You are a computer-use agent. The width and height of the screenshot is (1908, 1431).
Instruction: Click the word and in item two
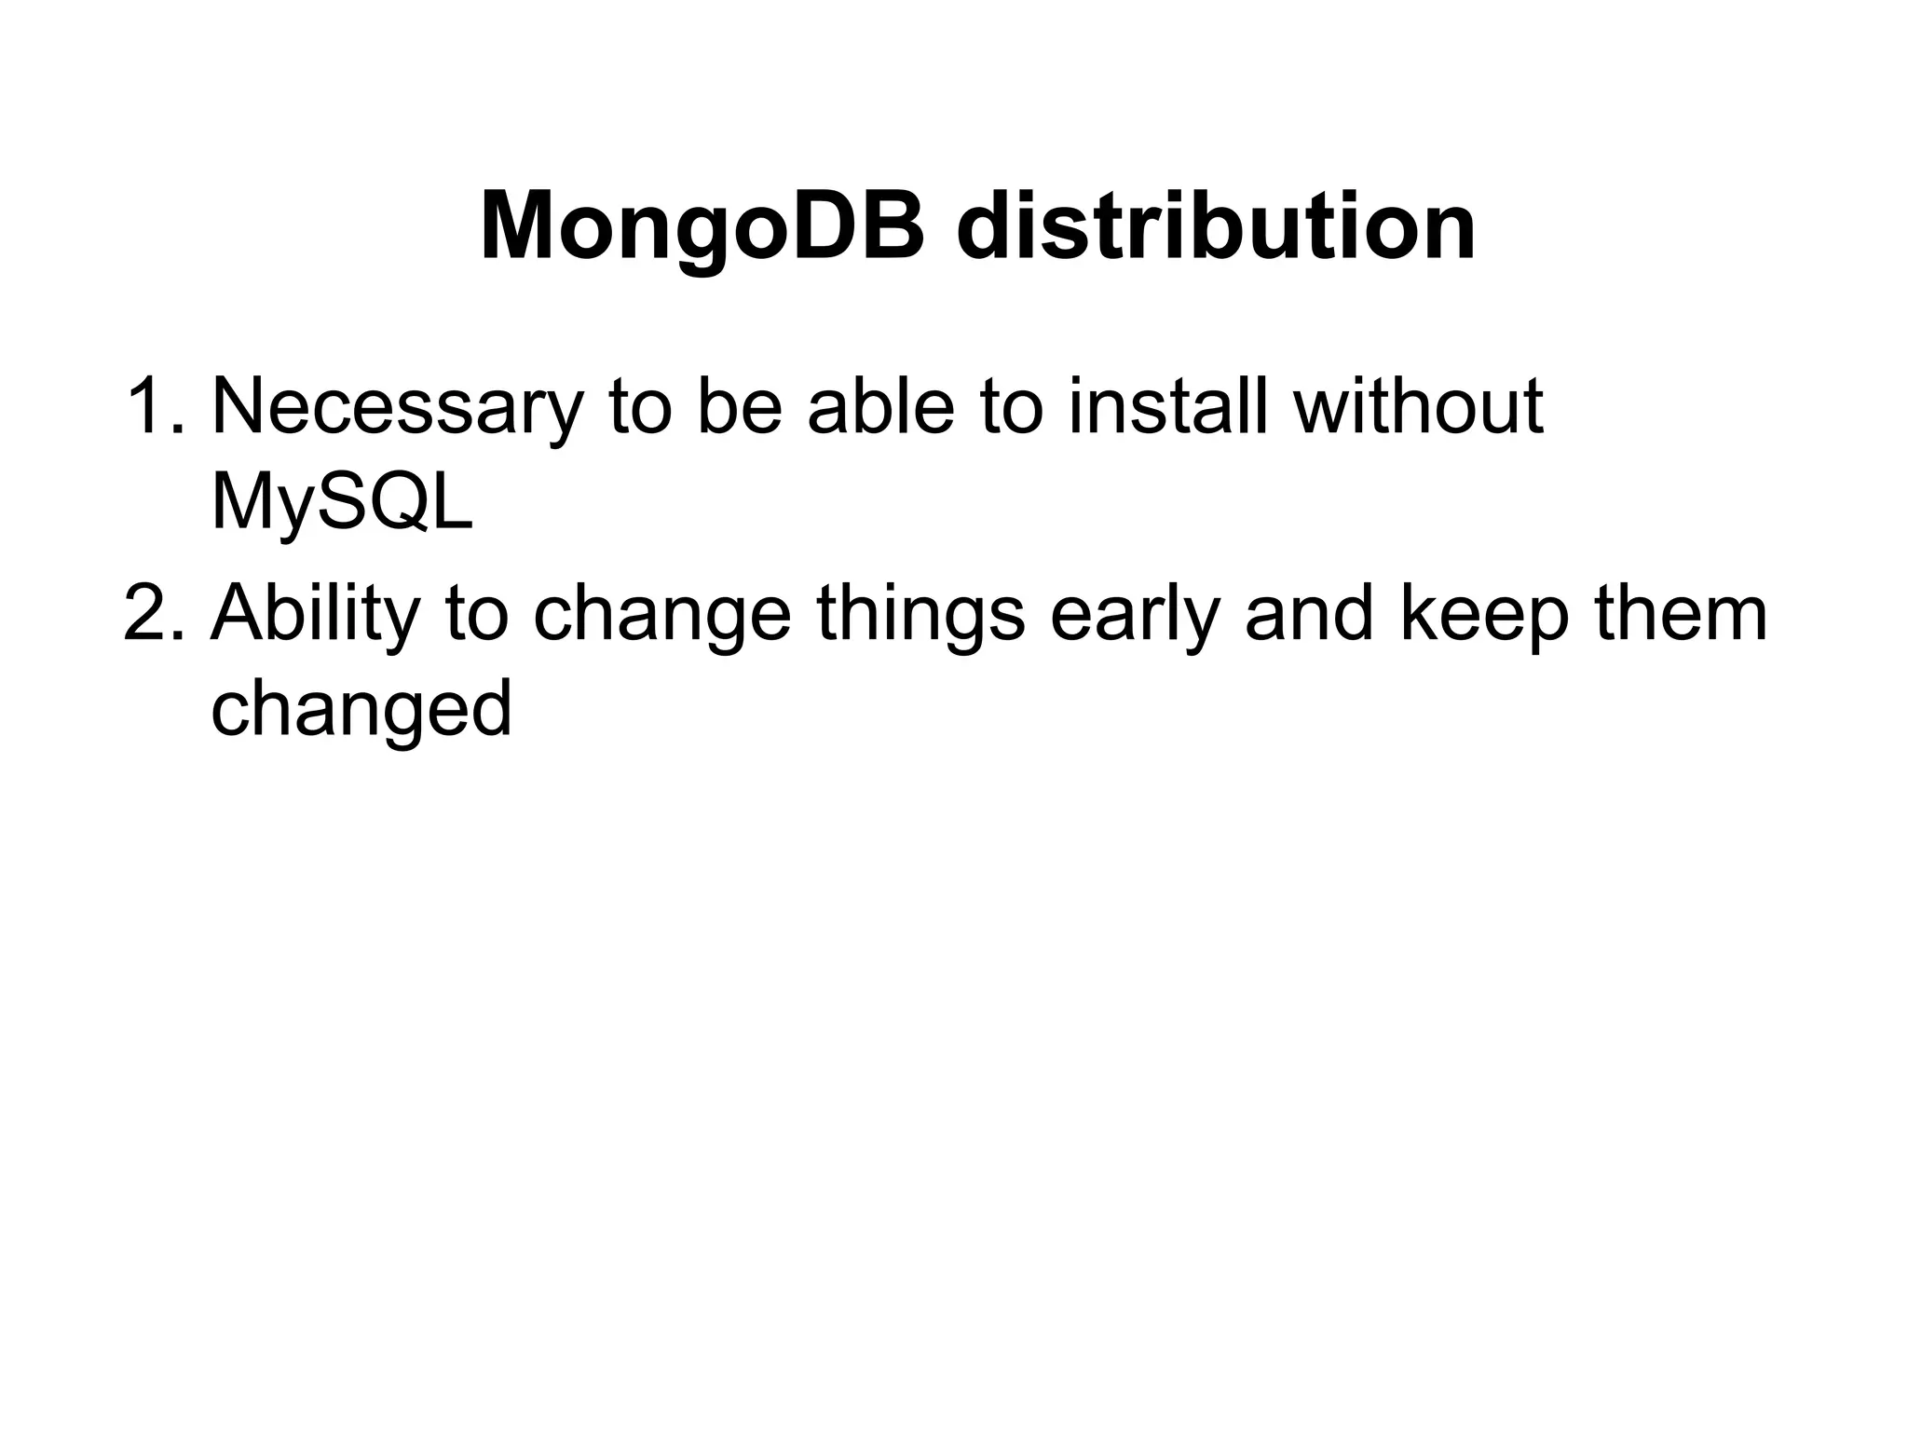1309,612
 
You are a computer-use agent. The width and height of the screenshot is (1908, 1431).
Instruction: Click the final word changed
361,708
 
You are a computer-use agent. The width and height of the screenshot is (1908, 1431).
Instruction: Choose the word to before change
476,612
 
